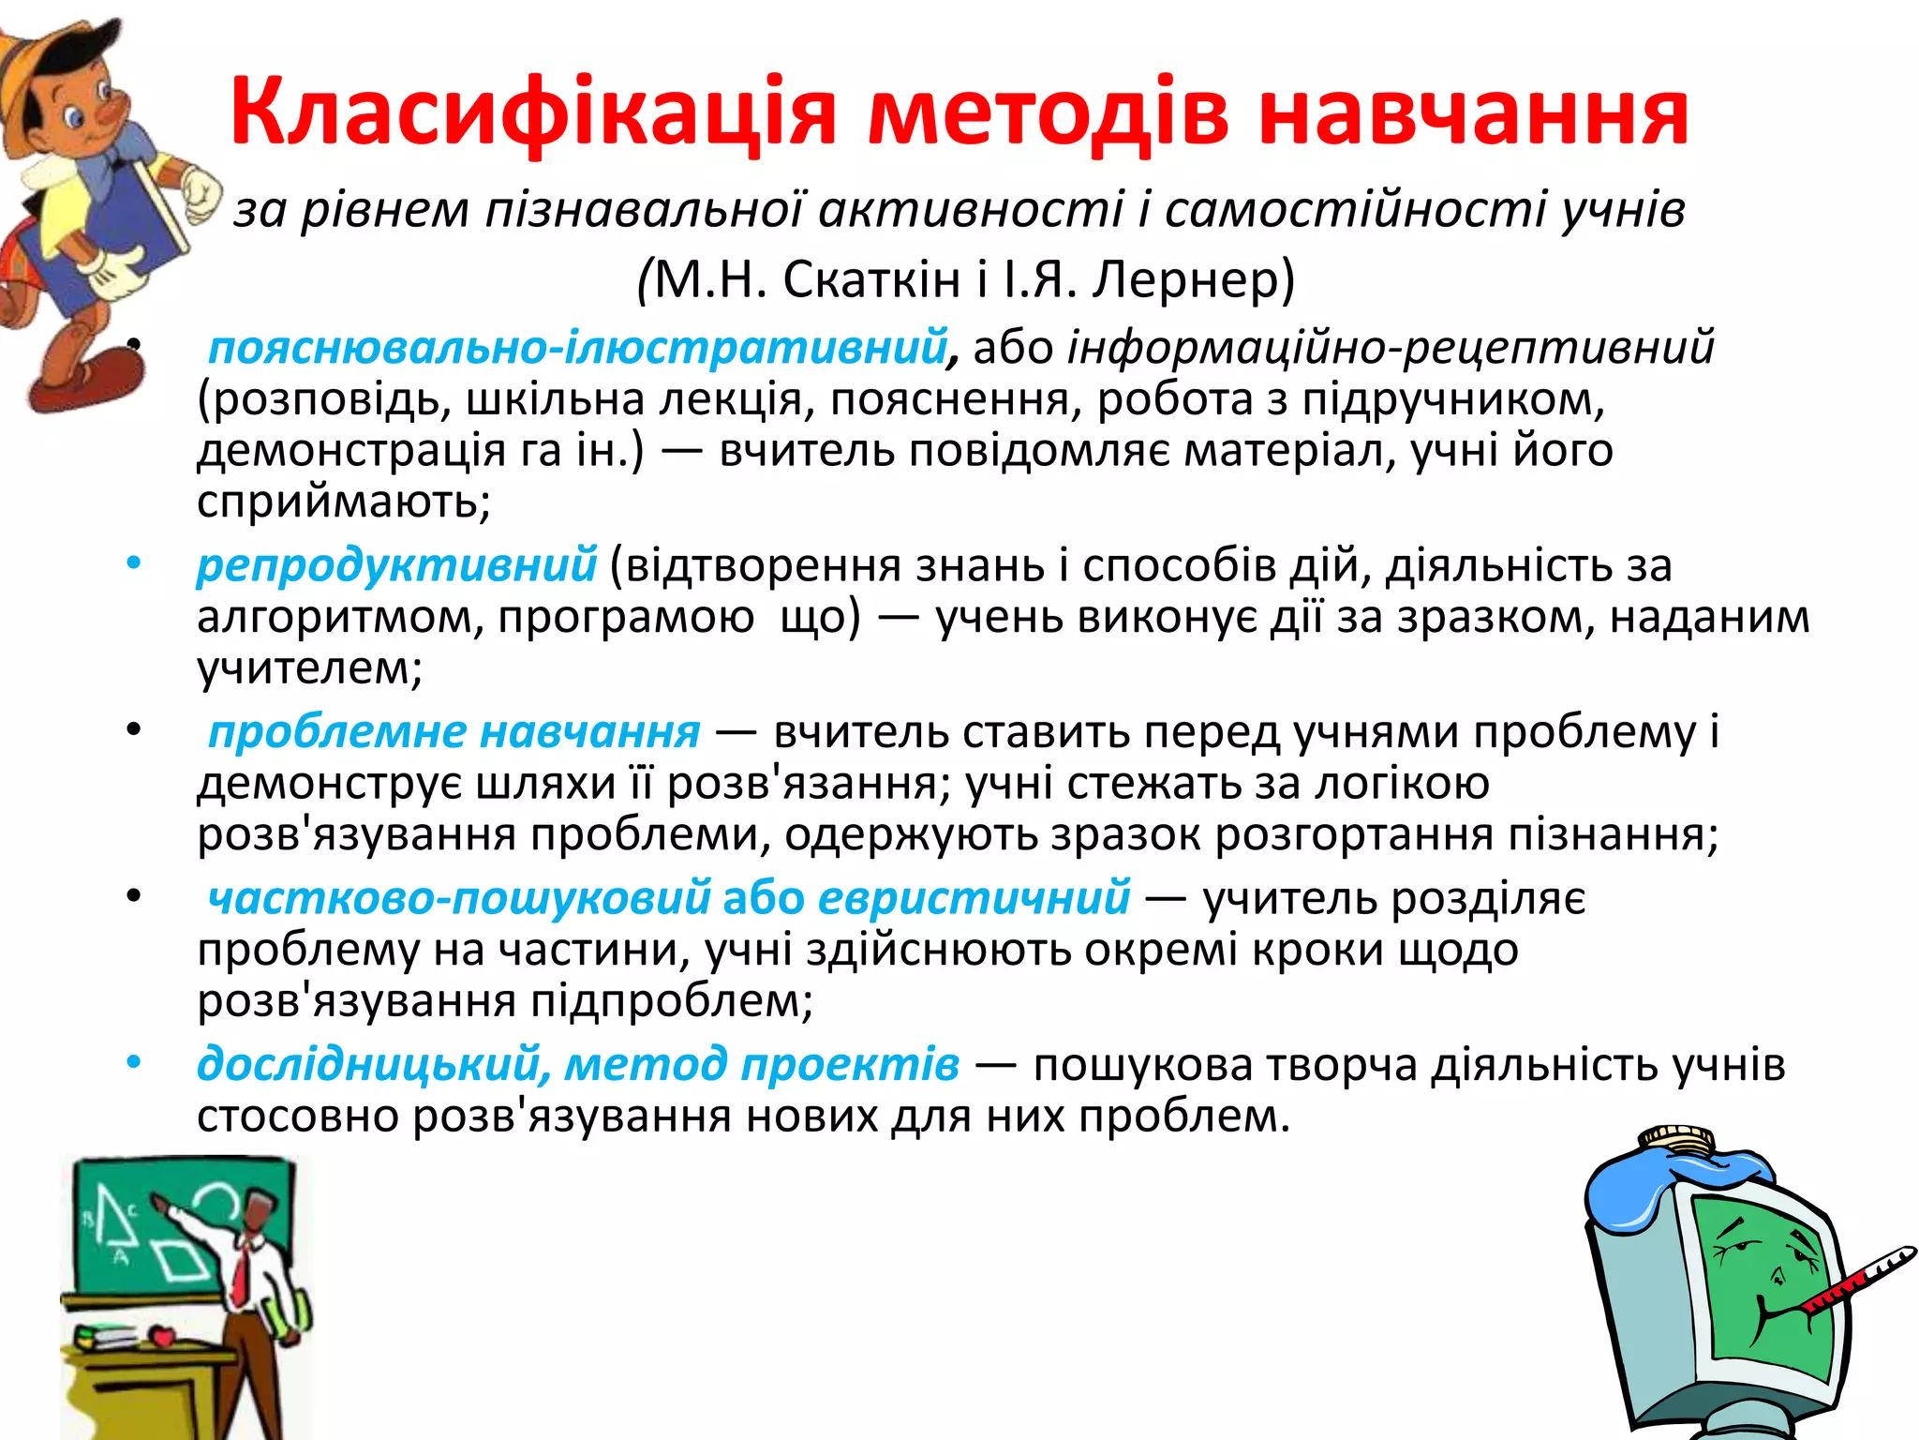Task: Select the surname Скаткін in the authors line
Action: (x=871, y=278)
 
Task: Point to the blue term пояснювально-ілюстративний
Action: (x=577, y=348)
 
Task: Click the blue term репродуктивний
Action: (x=396, y=565)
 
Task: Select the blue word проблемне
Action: (x=336, y=731)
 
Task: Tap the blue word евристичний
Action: (x=974, y=898)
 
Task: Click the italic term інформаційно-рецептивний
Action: (x=1391, y=348)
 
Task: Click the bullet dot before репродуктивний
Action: (x=134, y=563)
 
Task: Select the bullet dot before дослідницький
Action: (x=134, y=1062)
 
